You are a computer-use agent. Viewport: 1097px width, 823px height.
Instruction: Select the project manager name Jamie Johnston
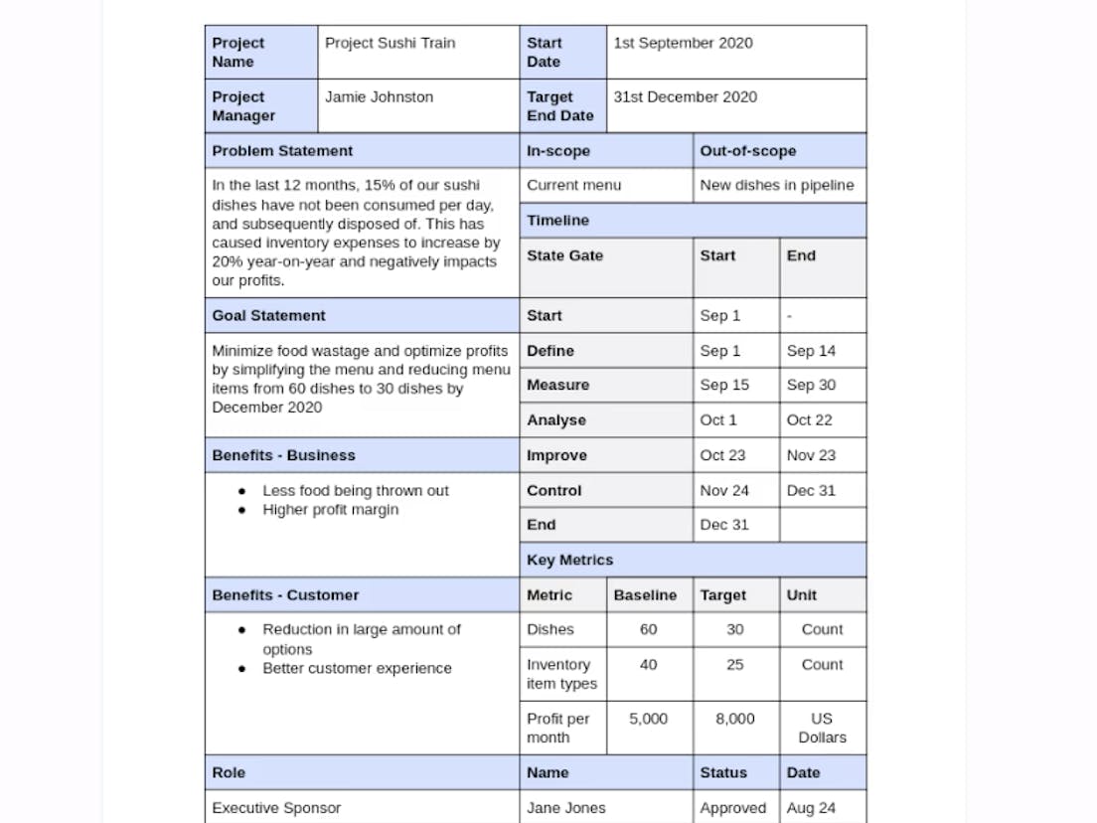coord(379,97)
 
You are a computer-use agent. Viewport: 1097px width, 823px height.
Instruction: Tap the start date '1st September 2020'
coord(683,43)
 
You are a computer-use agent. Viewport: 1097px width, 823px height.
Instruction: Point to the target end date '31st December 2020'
coord(685,97)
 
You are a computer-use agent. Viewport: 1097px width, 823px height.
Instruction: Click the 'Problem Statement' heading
coord(282,151)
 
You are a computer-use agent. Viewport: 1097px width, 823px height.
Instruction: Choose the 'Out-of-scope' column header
coord(747,151)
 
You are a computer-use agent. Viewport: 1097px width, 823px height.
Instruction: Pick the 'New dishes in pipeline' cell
coord(776,185)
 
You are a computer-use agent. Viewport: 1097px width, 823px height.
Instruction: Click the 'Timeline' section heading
coord(557,221)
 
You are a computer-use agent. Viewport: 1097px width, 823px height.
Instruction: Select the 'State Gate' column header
coord(564,255)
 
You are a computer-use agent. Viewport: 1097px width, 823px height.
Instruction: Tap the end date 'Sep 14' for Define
coord(811,351)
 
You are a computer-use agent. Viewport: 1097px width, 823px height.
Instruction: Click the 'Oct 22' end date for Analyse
coord(809,420)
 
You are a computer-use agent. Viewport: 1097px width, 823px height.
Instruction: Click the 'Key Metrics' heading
coord(569,561)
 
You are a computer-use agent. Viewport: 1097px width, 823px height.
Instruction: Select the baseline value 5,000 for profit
coord(648,719)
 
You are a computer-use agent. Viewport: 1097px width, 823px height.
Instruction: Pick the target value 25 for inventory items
coord(734,665)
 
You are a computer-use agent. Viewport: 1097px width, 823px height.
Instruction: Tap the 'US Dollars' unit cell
coord(822,728)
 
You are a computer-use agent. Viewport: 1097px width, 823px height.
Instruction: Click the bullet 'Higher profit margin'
coord(330,510)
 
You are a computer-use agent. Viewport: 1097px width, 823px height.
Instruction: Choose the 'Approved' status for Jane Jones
coord(732,808)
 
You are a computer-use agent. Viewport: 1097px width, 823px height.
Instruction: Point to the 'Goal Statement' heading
coord(268,316)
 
